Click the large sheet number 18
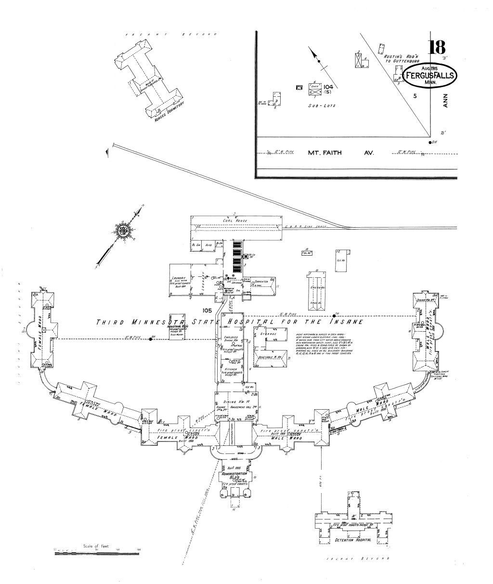[x=437, y=48]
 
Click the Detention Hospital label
[x=353, y=540]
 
